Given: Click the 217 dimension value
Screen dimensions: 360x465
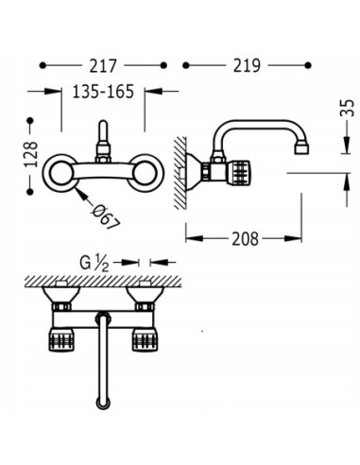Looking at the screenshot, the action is pyautogui.click(x=103, y=66).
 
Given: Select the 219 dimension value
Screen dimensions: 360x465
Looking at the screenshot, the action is pyautogui.click(x=247, y=65).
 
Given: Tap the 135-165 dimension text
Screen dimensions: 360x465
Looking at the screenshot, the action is pyautogui.click(x=103, y=92).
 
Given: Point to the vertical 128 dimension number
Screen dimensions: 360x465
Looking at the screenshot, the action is pyautogui.click(x=31, y=154).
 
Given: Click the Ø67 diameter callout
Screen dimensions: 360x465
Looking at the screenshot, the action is pyautogui.click(x=106, y=217).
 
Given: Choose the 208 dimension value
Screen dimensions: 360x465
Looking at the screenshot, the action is pyautogui.click(x=245, y=239).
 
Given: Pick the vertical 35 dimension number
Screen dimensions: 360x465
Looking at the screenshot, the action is pyautogui.click(x=347, y=108).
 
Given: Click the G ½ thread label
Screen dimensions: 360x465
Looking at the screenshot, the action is pyautogui.click(x=94, y=263).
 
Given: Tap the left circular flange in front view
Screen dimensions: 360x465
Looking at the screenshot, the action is pyautogui.click(x=60, y=173).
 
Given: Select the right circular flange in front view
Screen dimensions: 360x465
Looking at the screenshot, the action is pyautogui.click(x=145, y=173).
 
